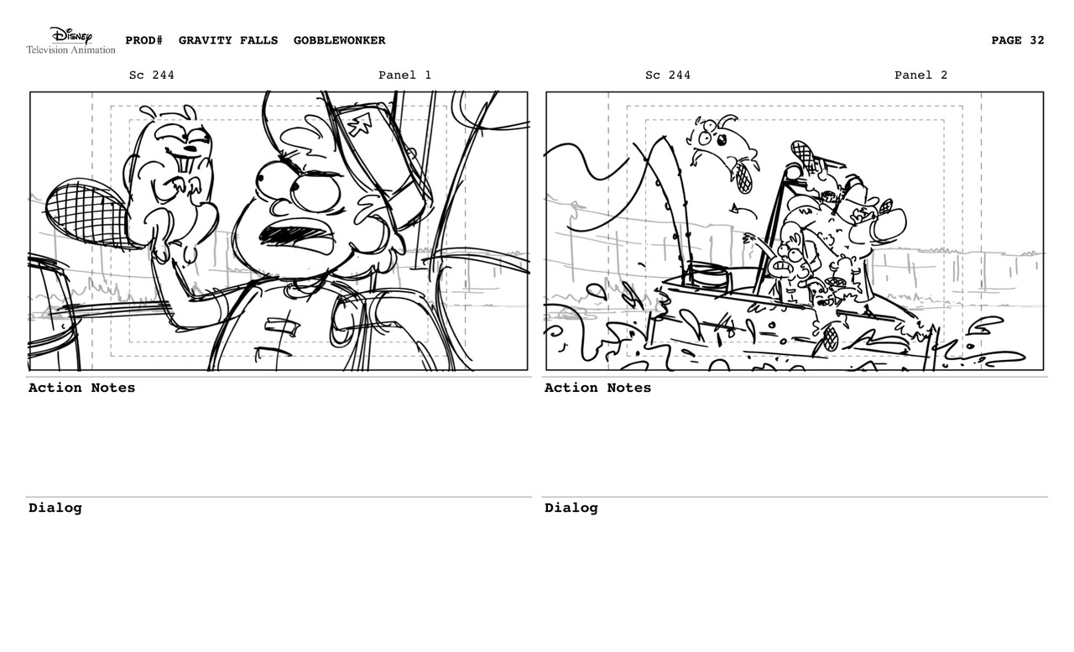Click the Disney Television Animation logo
(70, 40)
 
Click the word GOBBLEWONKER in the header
(339, 40)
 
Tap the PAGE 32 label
(1017, 40)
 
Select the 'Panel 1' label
(404, 76)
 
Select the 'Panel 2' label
(920, 76)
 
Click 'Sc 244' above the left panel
(152, 76)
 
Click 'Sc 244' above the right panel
(668, 76)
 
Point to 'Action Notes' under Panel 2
(597, 388)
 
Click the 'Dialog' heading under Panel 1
(55, 508)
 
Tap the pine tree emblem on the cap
(361, 124)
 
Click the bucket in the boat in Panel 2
(707, 275)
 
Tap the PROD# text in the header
(143, 40)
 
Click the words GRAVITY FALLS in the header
(227, 40)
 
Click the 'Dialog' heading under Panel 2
(571, 508)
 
